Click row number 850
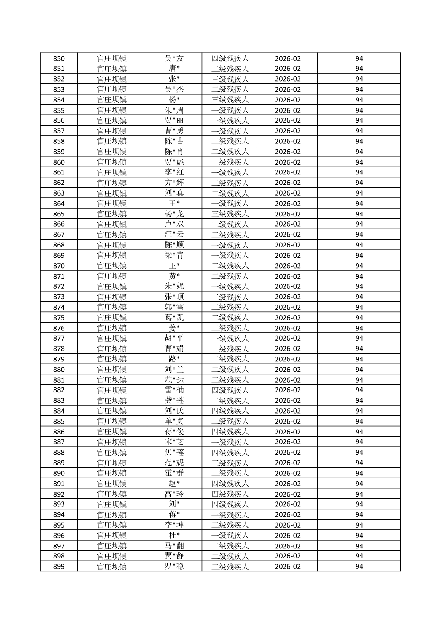[x=59, y=58]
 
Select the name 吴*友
[x=174, y=58]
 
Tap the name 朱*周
[x=174, y=110]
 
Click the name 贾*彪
[x=174, y=162]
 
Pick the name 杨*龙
[x=174, y=214]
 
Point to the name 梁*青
[x=174, y=255]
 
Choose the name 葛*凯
[x=174, y=317]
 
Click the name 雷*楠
[x=174, y=390]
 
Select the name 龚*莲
[x=174, y=400]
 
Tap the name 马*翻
[x=174, y=546]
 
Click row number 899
[x=59, y=567]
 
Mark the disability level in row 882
[x=230, y=390]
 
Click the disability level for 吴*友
[x=230, y=58]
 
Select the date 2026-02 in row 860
[x=287, y=162]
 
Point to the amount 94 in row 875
[x=359, y=317]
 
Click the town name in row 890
[x=111, y=473]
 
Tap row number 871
[x=59, y=276]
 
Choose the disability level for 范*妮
[x=230, y=463]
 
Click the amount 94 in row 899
[x=359, y=567]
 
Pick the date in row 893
[x=287, y=504]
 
